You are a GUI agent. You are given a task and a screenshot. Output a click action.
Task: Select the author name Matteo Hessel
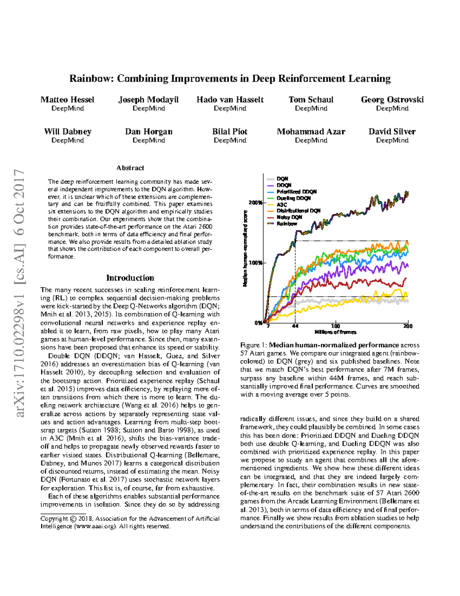pyautogui.click(x=67, y=100)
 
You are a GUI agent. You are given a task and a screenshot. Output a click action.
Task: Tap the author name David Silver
pyautogui.click(x=392, y=132)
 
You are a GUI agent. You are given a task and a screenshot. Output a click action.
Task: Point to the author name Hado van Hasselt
pyautogui.click(x=230, y=100)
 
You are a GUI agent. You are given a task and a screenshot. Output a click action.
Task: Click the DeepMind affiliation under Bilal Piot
pyautogui.click(x=230, y=140)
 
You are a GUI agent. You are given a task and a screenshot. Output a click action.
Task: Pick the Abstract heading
pyautogui.click(x=130, y=168)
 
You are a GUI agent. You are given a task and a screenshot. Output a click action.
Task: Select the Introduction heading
pyautogui.click(x=130, y=278)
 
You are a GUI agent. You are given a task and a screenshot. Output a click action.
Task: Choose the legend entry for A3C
pyautogui.click(x=282, y=205)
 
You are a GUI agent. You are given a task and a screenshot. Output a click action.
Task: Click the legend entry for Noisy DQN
pyautogui.click(x=289, y=217)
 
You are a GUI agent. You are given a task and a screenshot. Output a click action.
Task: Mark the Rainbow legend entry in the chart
pyautogui.click(x=287, y=223)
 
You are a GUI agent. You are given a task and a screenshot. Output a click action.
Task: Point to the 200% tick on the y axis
pyautogui.click(x=255, y=203)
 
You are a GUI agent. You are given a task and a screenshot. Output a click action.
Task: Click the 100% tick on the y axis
pyautogui.click(x=255, y=263)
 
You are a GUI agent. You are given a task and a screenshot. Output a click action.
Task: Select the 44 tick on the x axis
pyautogui.click(x=295, y=326)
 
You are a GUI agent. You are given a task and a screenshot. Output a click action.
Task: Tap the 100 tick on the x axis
pyautogui.click(x=335, y=326)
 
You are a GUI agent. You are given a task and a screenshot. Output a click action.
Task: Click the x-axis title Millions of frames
pyautogui.click(x=335, y=332)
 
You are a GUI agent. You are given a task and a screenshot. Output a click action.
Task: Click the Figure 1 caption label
pyautogui.click(x=253, y=345)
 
